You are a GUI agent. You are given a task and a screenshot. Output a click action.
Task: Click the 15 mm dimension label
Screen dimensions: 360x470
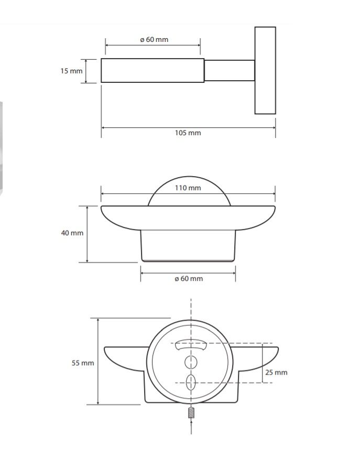71,71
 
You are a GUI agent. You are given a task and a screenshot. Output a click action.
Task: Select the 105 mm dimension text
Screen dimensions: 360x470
188,133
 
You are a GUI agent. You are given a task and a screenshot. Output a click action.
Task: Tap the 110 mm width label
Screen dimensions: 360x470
188,188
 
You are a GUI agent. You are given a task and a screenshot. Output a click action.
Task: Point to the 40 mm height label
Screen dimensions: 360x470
72,233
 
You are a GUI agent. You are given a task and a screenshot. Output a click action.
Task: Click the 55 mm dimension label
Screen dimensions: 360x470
83,363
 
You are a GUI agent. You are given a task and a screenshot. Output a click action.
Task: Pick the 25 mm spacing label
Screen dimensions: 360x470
276,373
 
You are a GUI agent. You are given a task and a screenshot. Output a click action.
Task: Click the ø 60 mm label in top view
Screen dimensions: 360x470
154,40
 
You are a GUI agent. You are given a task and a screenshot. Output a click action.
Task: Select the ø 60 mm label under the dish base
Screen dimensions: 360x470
189,279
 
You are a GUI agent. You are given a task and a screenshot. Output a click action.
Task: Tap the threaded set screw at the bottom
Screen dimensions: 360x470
191,413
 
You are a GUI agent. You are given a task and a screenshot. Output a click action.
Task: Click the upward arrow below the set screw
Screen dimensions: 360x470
191,427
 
